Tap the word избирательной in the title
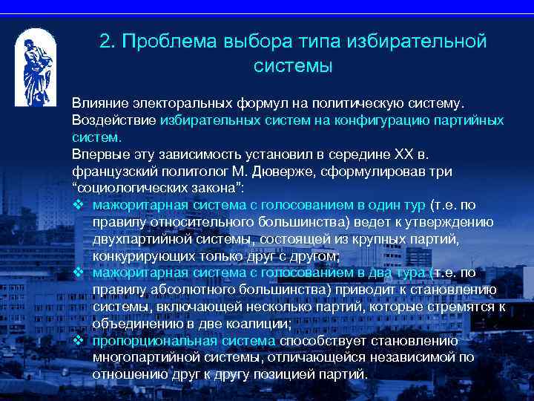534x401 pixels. pyautogui.click(x=423, y=42)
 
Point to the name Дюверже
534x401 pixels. pyautogui.click(x=304, y=172)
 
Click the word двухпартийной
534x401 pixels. pyautogui.click(x=137, y=239)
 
